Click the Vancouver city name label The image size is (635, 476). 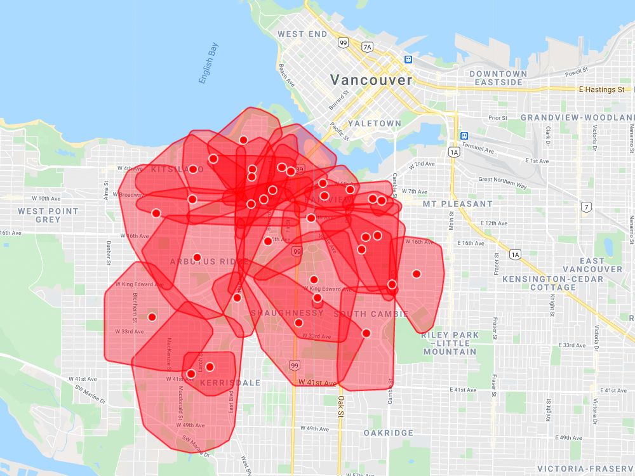(371, 81)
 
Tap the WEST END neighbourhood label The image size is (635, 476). (302, 34)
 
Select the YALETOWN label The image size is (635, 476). (375, 123)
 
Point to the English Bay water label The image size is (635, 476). (208, 63)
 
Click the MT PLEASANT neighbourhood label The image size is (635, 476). (458, 204)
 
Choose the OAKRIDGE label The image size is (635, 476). (389, 433)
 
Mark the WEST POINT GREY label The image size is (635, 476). (48, 215)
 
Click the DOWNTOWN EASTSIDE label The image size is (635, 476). (498, 78)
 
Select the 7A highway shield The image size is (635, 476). (367, 47)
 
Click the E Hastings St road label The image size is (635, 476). (601, 90)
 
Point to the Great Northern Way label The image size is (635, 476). (502, 183)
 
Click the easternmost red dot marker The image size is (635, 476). (417, 274)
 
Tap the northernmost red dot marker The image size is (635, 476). (243, 140)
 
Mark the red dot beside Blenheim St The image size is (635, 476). (152, 317)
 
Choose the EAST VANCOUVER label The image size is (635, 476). (592, 265)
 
